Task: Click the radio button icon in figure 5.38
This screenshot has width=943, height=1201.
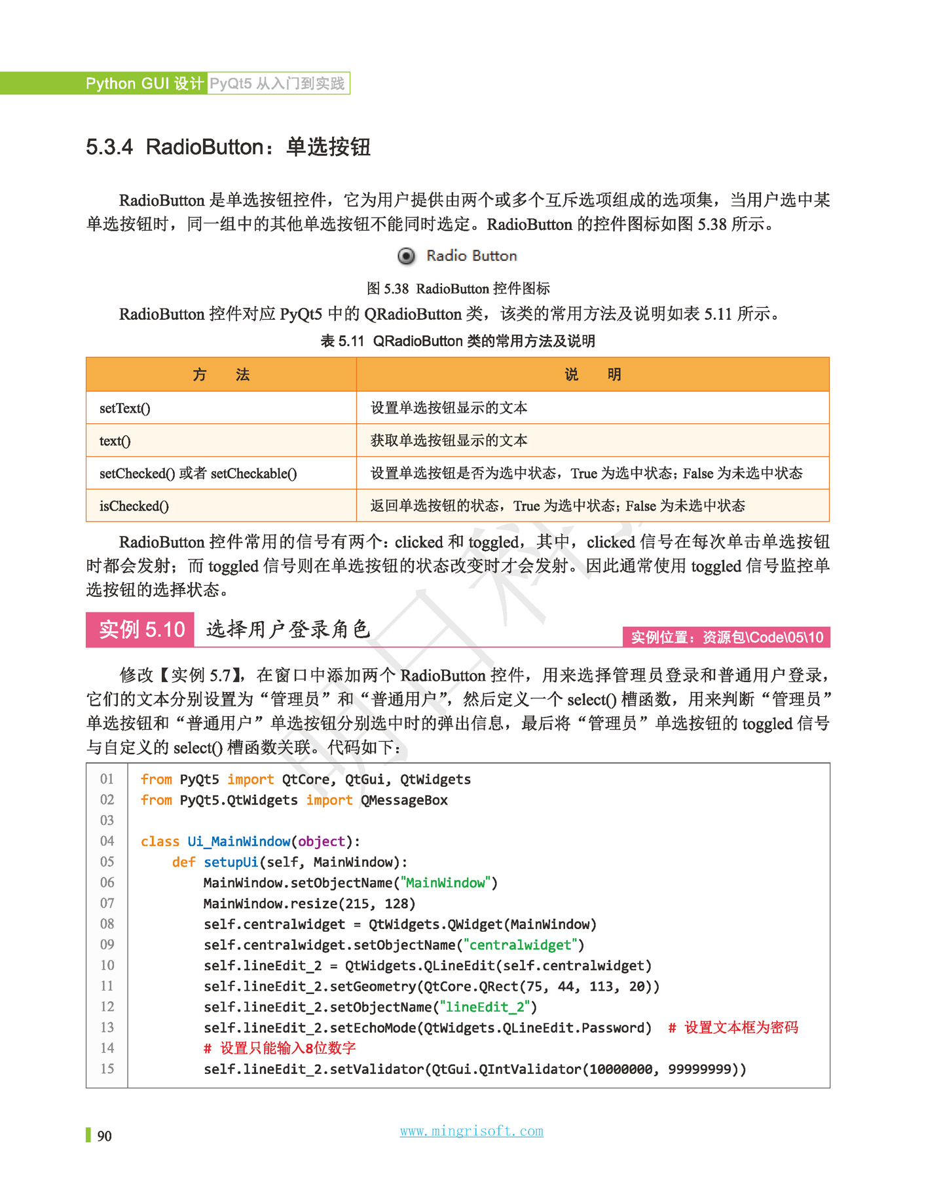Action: point(406,256)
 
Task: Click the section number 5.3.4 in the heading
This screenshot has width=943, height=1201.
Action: point(109,147)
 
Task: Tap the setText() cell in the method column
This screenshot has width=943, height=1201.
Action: point(125,408)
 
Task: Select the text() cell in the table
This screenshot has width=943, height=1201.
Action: point(115,441)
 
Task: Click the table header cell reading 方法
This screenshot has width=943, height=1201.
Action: point(221,375)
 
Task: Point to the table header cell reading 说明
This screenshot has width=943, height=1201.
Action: point(593,375)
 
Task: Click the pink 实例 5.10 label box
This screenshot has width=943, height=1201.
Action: point(140,630)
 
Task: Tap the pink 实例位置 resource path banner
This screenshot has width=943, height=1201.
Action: point(726,638)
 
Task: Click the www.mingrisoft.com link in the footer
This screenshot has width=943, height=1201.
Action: point(471,1131)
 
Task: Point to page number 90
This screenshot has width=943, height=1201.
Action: point(104,1136)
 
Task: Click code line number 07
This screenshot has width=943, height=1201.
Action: point(107,903)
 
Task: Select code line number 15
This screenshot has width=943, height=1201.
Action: point(107,1069)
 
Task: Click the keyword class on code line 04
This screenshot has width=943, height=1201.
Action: point(160,841)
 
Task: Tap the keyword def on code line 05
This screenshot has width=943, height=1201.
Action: point(183,862)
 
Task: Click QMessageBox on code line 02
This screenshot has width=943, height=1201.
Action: point(404,800)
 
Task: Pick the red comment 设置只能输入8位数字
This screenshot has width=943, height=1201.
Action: point(280,1048)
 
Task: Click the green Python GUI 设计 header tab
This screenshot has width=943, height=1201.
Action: point(144,83)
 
